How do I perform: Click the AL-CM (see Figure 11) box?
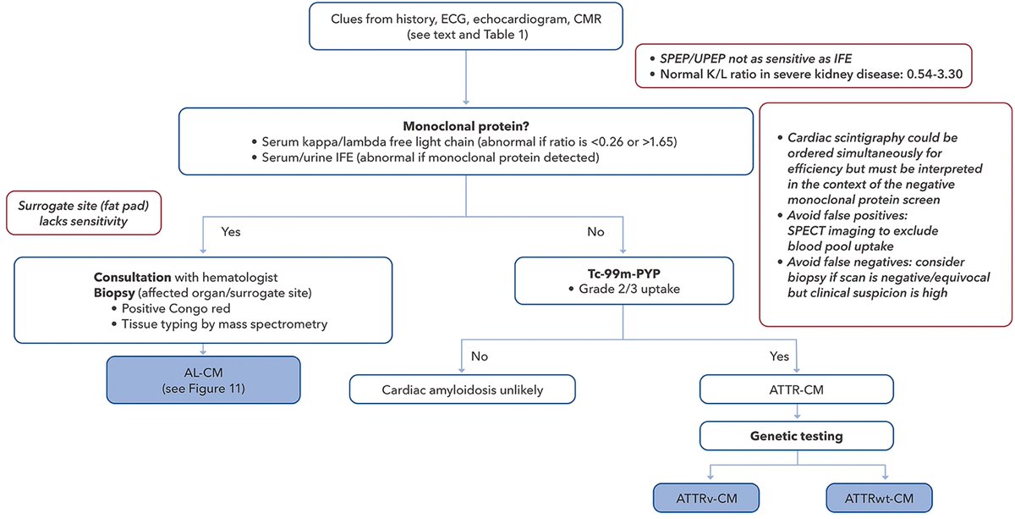pyautogui.click(x=203, y=380)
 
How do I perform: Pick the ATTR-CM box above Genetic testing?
pyautogui.click(x=797, y=389)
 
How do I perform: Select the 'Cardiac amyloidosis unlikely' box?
pyautogui.click(x=462, y=389)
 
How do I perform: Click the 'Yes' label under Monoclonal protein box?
pyautogui.click(x=231, y=229)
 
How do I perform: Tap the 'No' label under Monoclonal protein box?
pyautogui.click(x=595, y=229)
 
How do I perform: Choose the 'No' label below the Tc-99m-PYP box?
pyautogui.click(x=480, y=356)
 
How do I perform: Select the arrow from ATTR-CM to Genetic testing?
pyautogui.click(x=797, y=413)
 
